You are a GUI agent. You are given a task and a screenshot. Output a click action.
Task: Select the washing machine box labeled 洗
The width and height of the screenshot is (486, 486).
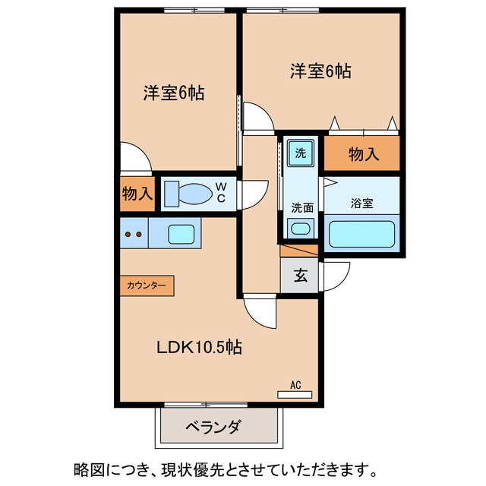301,153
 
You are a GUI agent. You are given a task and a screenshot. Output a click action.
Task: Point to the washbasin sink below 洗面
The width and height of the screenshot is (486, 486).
301,227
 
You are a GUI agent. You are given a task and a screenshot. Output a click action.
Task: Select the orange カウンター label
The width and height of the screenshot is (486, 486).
147,286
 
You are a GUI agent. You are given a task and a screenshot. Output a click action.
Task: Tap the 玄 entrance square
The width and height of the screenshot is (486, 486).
301,276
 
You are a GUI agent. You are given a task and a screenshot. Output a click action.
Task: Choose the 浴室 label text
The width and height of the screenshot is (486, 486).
361,204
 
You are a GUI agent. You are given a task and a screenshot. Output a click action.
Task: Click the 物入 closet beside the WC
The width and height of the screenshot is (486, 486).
137,194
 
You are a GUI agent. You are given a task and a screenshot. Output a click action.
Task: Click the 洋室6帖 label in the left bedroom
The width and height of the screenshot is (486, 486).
174,94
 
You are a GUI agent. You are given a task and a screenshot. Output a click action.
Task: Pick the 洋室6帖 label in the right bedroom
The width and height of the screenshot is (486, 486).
320,71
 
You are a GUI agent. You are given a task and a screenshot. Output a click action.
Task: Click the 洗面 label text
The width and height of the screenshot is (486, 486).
302,207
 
